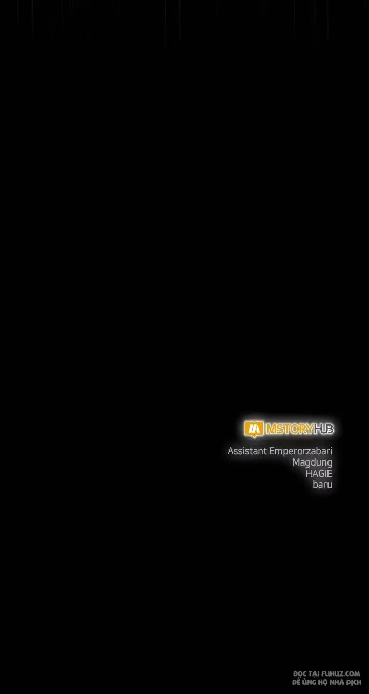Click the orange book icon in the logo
point(254,429)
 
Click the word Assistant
point(247,451)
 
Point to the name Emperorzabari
point(301,451)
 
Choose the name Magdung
point(312,462)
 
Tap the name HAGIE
point(319,473)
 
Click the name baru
point(322,485)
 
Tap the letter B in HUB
point(330,429)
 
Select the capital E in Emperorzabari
point(272,451)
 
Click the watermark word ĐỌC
point(300,674)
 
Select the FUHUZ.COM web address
point(341,674)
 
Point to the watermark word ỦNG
point(308,682)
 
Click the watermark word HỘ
point(321,682)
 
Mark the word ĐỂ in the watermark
point(296,682)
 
